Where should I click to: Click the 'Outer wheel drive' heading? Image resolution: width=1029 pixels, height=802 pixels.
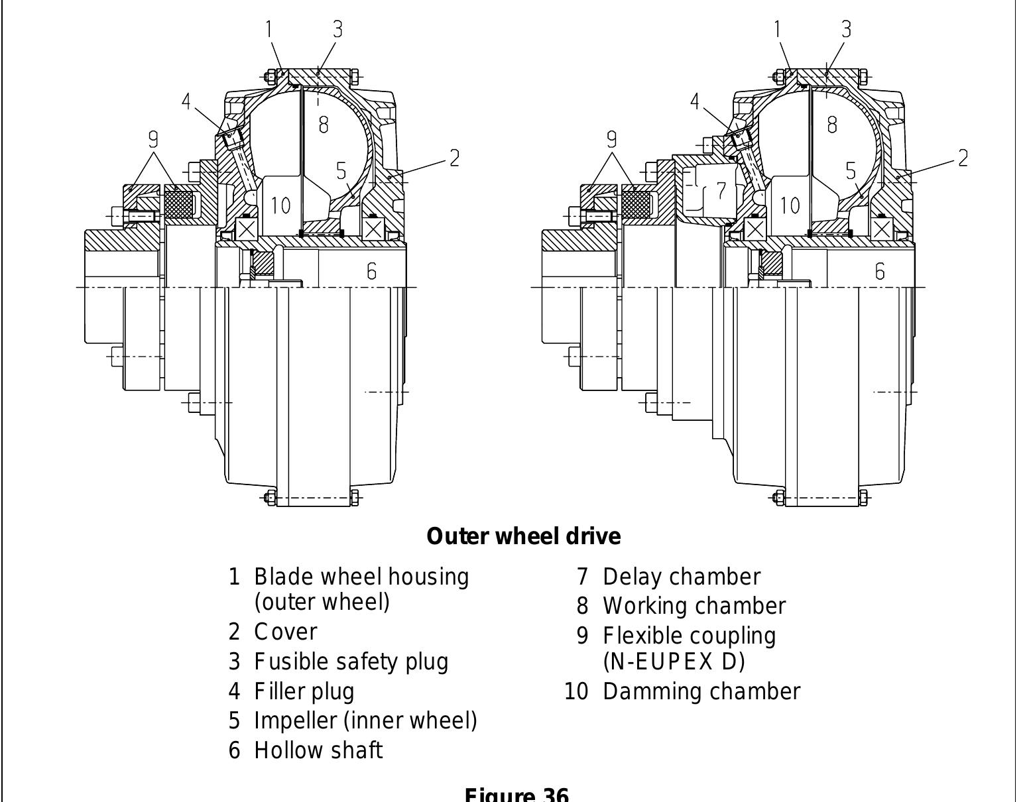click(x=524, y=536)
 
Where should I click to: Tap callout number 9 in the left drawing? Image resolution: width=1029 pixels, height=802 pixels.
click(x=153, y=139)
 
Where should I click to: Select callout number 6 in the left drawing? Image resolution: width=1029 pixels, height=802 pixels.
click(x=371, y=271)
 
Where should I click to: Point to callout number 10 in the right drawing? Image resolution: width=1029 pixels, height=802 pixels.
click(x=790, y=205)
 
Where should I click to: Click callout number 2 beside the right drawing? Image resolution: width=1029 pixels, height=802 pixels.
click(x=963, y=158)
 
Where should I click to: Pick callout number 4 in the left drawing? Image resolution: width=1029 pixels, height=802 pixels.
click(x=186, y=102)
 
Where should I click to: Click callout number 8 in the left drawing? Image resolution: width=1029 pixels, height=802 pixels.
click(x=323, y=124)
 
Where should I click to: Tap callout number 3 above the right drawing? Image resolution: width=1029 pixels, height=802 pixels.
click(x=846, y=29)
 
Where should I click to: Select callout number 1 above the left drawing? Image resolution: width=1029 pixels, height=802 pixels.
click(x=269, y=29)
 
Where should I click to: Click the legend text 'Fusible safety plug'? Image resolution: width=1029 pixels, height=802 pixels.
click(x=351, y=661)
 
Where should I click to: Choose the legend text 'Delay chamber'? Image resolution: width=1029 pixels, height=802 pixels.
click(x=681, y=577)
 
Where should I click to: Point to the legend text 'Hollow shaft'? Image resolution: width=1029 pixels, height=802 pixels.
click(x=318, y=750)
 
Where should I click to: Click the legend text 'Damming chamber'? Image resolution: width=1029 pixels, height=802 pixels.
click(x=701, y=691)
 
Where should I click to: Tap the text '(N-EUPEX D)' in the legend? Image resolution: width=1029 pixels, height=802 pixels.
click(x=674, y=661)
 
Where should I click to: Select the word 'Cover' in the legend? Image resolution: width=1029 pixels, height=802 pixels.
click(x=286, y=632)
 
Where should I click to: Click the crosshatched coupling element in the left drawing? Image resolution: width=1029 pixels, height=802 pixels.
click(x=178, y=203)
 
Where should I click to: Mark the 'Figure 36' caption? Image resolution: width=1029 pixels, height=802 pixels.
click(x=516, y=794)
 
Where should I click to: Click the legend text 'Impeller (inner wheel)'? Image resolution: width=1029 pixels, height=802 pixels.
click(x=365, y=720)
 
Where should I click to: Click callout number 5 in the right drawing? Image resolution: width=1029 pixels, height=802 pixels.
click(x=851, y=171)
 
